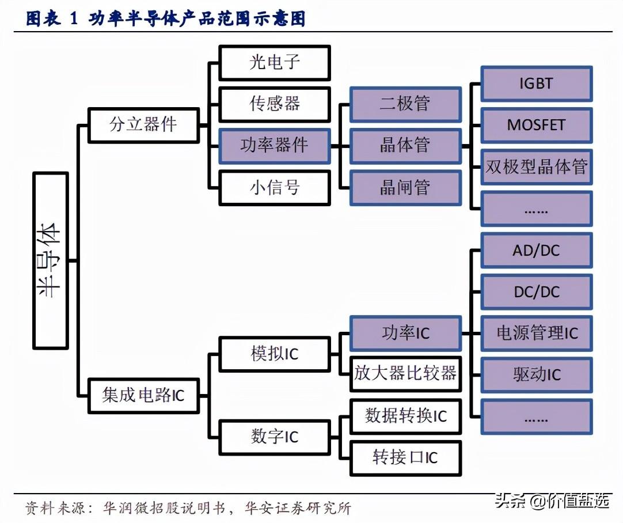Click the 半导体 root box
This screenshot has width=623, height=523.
pyautogui.click(x=51, y=261)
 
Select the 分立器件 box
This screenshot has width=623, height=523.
pyautogui.click(x=143, y=124)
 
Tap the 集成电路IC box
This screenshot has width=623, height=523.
pyautogui.click(x=143, y=395)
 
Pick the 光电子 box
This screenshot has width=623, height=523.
pyautogui.click(x=275, y=62)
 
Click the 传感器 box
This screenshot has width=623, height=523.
pyautogui.click(x=275, y=104)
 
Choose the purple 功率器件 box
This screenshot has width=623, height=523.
pyautogui.click(x=275, y=146)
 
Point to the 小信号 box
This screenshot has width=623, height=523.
pyautogui.click(x=275, y=187)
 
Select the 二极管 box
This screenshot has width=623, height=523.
pyautogui.click(x=405, y=104)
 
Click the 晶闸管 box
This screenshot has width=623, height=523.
pyautogui.click(x=405, y=187)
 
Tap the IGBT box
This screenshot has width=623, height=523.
pyautogui.click(x=536, y=84)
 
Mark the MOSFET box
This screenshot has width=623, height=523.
pyautogui.click(x=536, y=125)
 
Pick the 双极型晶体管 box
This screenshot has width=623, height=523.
pyautogui.click(x=536, y=167)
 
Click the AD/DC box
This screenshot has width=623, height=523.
pyautogui.click(x=536, y=251)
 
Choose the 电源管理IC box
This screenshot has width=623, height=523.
pyautogui.click(x=536, y=333)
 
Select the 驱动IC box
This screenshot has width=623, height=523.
pyautogui.click(x=536, y=375)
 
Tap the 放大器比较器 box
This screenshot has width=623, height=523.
pyautogui.click(x=405, y=373)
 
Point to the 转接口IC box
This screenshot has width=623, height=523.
pyautogui.click(x=405, y=458)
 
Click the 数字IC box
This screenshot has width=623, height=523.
pyautogui.click(x=275, y=437)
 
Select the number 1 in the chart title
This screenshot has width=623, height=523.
pyautogui.click(x=74, y=19)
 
